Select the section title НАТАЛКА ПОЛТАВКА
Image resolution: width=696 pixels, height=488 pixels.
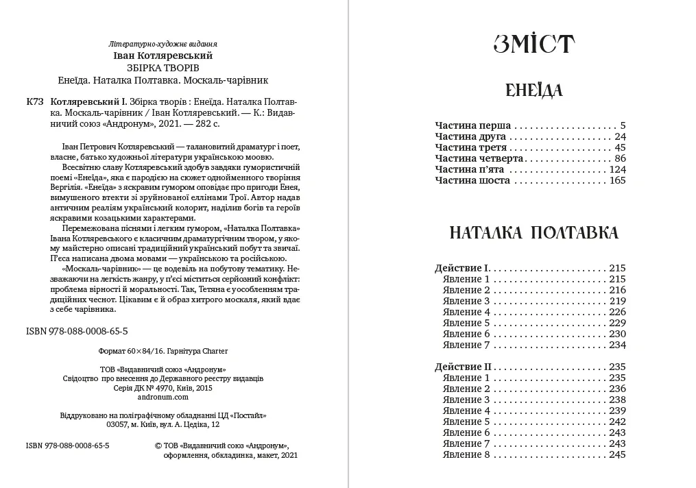click(x=533, y=233)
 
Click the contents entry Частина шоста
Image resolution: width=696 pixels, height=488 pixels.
click(x=472, y=181)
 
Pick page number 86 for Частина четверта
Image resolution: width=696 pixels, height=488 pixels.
click(x=621, y=159)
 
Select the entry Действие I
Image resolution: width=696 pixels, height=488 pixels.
click(x=463, y=269)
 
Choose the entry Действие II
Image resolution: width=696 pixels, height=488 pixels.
click(x=465, y=367)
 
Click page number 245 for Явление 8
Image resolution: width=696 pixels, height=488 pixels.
click(x=617, y=454)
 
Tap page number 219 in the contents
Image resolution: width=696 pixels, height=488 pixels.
click(x=618, y=301)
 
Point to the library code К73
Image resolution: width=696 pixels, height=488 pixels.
click(x=34, y=101)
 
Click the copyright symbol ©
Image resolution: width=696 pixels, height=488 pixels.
click(x=158, y=445)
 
